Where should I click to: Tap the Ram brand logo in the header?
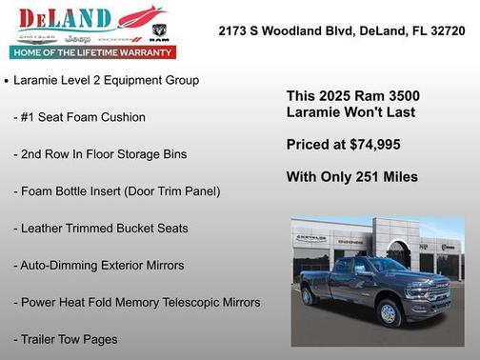click(159, 39)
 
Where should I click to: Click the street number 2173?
click(235, 30)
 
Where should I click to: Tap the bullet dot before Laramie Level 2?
click(7, 82)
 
